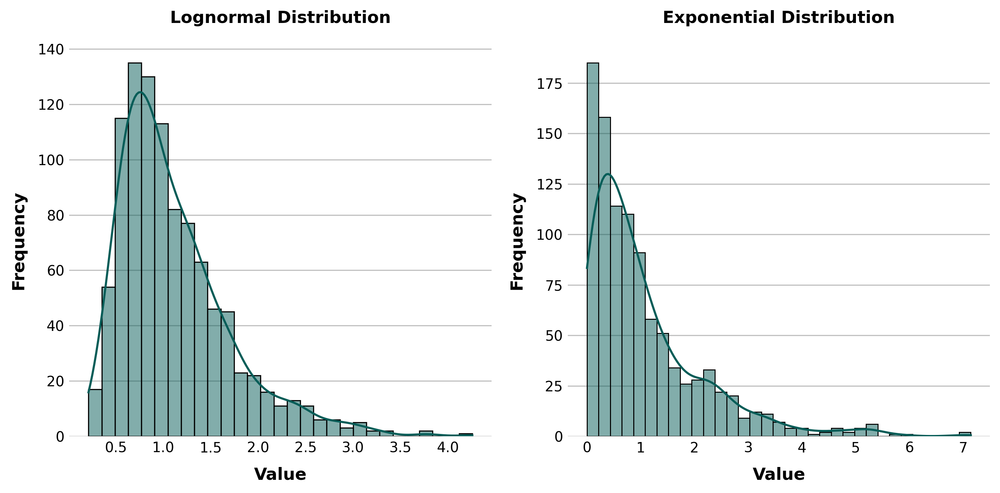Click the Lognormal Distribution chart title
280,18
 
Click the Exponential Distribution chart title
778,18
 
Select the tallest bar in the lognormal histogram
135,249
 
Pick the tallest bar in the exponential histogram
592,249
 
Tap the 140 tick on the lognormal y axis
51,49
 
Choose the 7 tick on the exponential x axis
963,447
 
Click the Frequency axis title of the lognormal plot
19,242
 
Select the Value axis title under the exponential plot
778,474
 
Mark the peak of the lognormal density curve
140,92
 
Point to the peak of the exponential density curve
608,174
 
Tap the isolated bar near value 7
965,434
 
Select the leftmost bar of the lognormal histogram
95,413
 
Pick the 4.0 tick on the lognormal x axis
448,447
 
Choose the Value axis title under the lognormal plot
280,474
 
